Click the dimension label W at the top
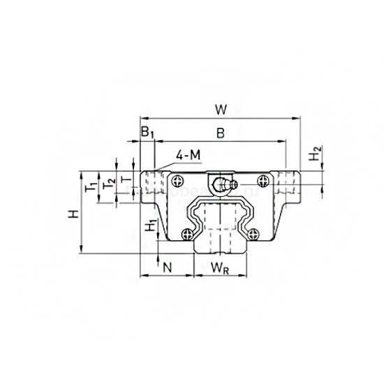[x=221, y=110]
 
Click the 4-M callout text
[x=188, y=154]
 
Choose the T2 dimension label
[x=108, y=184]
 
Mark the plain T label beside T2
[x=126, y=180]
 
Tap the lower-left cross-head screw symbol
[x=187, y=234]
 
